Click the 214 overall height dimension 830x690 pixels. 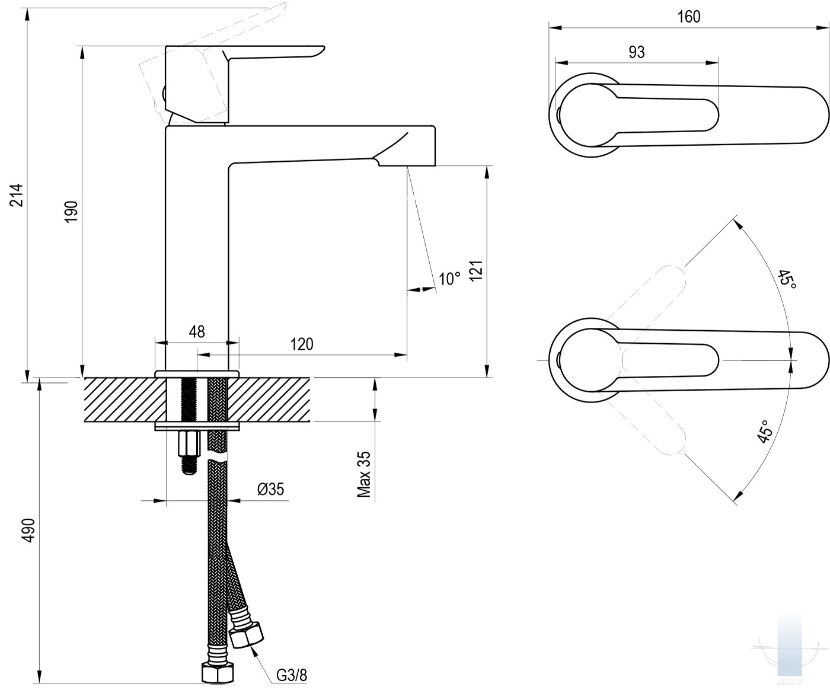point(17,195)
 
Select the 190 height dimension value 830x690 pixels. point(72,212)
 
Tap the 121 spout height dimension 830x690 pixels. point(476,271)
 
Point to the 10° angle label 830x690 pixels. point(449,279)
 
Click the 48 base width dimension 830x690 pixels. point(197,331)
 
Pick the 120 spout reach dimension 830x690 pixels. point(302,344)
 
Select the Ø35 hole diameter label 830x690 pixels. point(271,488)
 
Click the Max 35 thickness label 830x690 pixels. point(364,474)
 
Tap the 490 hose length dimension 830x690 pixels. point(29,530)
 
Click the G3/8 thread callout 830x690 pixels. point(292,675)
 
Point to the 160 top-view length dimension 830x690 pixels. point(689,17)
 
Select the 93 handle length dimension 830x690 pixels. point(637,52)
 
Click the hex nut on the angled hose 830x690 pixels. point(247,635)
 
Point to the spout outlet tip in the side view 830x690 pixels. point(407,166)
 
